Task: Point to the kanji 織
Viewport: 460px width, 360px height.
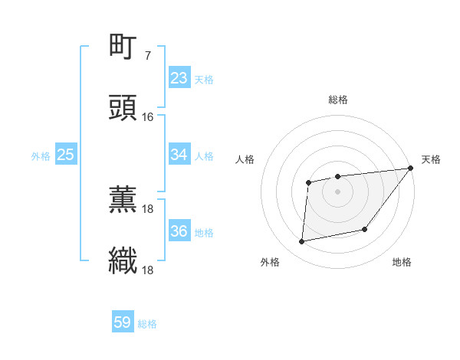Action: [123, 261]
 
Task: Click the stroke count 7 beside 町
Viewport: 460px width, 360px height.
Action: [148, 56]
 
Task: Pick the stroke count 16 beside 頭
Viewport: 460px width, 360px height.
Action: [148, 117]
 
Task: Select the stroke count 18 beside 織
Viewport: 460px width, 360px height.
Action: [148, 270]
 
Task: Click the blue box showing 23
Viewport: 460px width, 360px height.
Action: [179, 78]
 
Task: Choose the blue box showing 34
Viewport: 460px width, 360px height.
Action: [179, 155]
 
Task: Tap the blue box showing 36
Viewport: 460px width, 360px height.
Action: [179, 231]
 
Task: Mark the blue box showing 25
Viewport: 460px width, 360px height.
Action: [65, 155]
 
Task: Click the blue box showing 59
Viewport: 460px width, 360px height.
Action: [123, 322]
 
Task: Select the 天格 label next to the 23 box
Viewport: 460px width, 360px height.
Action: [204, 80]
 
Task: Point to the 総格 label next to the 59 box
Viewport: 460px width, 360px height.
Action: [147, 324]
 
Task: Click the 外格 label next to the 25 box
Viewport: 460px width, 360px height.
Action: [41, 156]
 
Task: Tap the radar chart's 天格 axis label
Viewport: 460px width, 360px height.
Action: [431, 159]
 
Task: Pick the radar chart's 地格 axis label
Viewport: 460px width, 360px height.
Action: [402, 263]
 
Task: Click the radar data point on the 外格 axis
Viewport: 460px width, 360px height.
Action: [302, 242]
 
